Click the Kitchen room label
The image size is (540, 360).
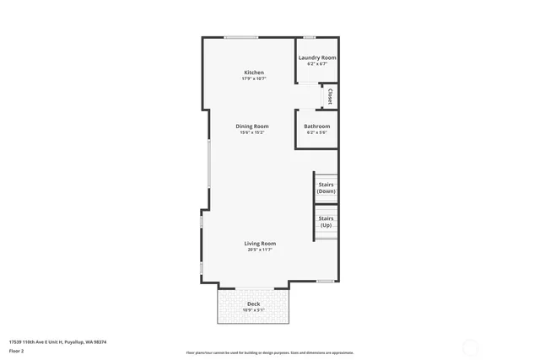pyautogui.click(x=254, y=73)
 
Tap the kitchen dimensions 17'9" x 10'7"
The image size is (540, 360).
pyautogui.click(x=254, y=79)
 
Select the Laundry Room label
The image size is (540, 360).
pyautogui.click(x=317, y=57)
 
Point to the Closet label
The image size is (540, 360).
pyautogui.click(x=330, y=96)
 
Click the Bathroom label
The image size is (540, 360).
pyautogui.click(x=317, y=126)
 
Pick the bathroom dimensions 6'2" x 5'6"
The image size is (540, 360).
pyautogui.click(x=317, y=132)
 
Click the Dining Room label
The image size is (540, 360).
pyautogui.click(x=253, y=126)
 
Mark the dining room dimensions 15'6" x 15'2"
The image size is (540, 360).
pyautogui.click(x=253, y=132)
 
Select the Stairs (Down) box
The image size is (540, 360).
pyautogui.click(x=326, y=187)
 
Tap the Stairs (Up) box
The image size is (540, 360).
pyautogui.click(x=326, y=222)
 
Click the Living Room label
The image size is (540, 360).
pyautogui.click(x=260, y=244)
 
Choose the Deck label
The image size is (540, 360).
pyautogui.click(x=253, y=304)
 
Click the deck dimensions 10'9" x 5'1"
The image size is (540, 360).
pyautogui.click(x=253, y=310)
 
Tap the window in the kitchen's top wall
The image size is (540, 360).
pyautogui.click(x=241, y=37)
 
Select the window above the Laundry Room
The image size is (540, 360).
pyautogui.click(x=310, y=37)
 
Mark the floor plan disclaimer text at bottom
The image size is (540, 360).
pyautogui.click(x=270, y=352)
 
